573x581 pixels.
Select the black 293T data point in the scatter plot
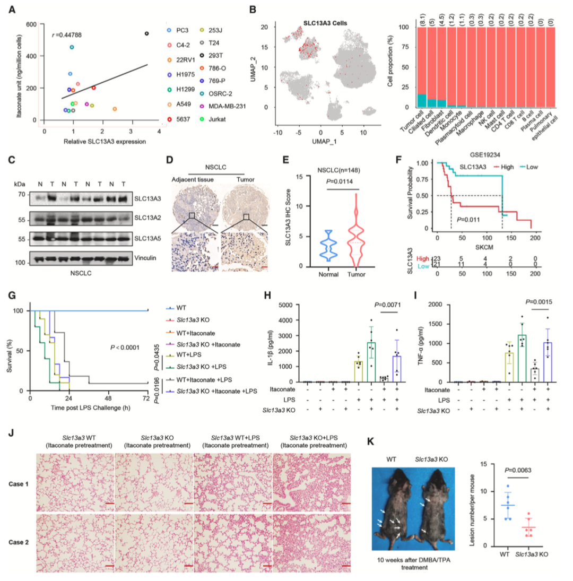(x=146, y=33)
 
